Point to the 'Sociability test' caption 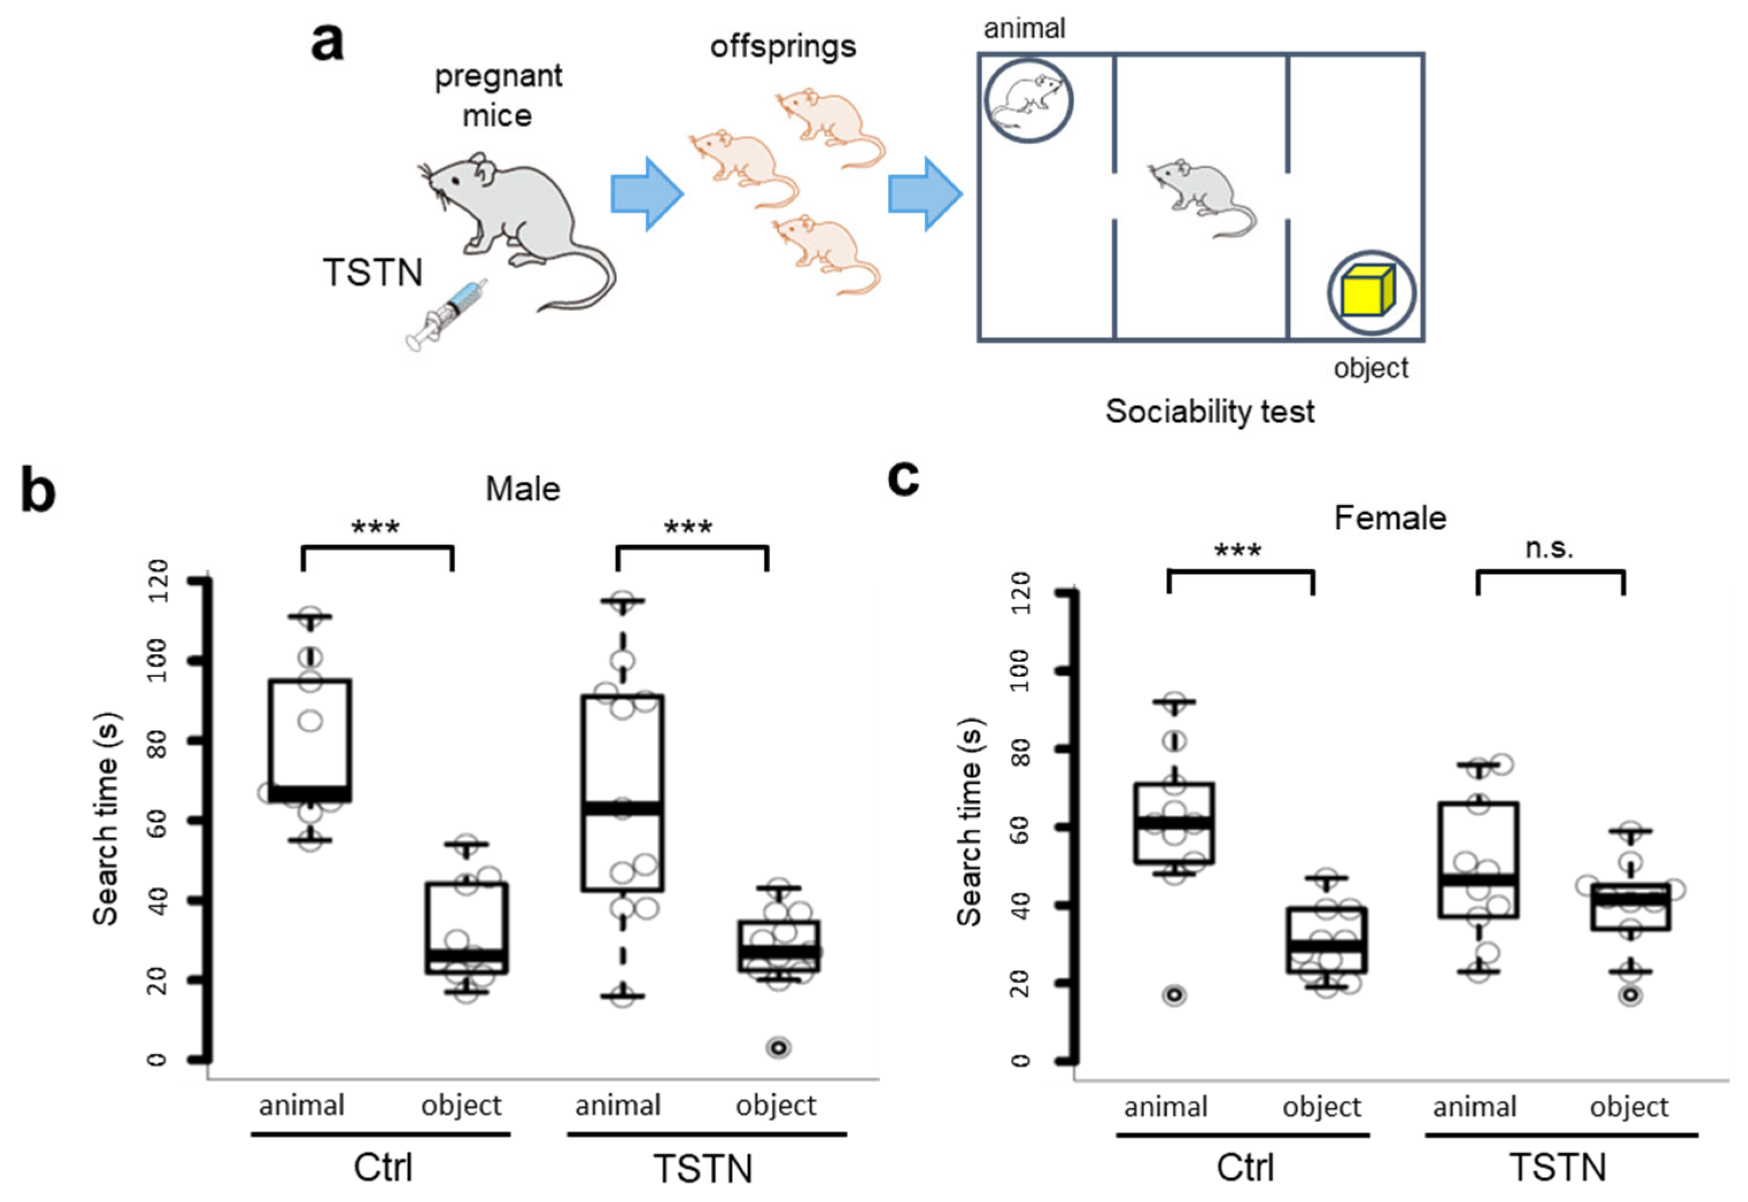[x=1210, y=412]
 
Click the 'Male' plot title [x=522, y=489]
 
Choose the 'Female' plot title [x=1390, y=518]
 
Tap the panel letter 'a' [x=327, y=42]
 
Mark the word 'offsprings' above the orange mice [x=783, y=47]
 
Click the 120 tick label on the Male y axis [x=157, y=581]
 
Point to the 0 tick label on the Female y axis [x=1020, y=1060]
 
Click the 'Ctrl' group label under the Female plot [x=1245, y=1168]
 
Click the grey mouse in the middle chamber [x=1201, y=198]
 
